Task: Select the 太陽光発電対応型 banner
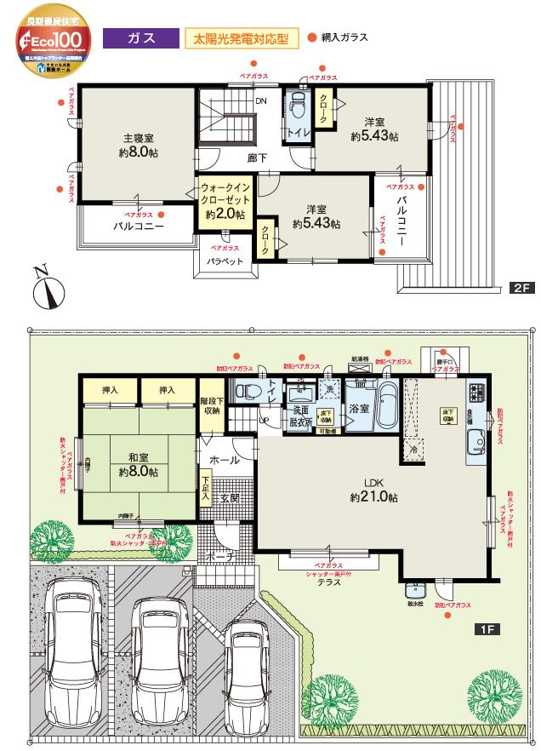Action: click(x=242, y=39)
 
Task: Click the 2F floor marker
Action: click(x=521, y=289)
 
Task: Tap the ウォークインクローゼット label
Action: click(x=225, y=200)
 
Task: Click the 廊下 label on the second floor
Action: click(x=259, y=158)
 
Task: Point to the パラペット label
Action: click(x=225, y=261)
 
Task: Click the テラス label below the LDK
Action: click(x=329, y=583)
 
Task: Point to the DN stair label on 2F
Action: click(x=261, y=100)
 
